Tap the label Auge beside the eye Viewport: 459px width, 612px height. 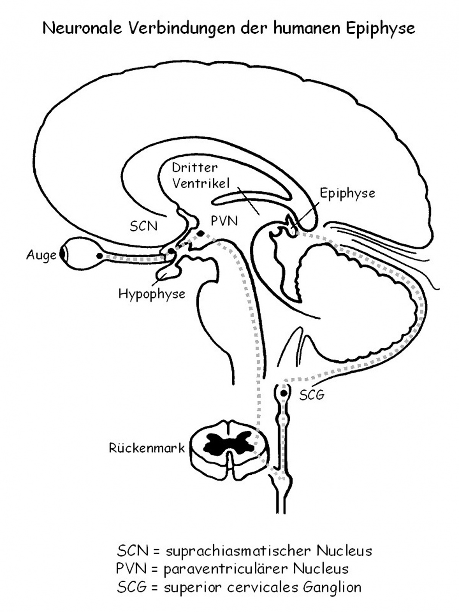pos(41,256)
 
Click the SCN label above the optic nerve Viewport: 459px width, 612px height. pos(143,226)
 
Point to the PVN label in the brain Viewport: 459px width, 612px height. pos(224,221)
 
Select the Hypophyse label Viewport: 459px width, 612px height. pos(152,294)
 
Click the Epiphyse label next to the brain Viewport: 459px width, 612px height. pos(347,193)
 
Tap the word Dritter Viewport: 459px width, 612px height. pos(195,168)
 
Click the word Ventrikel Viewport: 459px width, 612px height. pos(201,184)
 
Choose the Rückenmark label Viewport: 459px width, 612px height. pos(147,448)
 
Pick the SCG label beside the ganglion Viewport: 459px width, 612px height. pos(312,395)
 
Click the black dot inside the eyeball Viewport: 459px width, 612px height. pos(99,256)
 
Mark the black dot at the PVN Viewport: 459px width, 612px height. pos(200,233)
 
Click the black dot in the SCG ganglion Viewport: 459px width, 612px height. pos(283,393)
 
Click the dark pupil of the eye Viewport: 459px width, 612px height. pos(63,255)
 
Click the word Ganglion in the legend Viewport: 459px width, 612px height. pos(332,587)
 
